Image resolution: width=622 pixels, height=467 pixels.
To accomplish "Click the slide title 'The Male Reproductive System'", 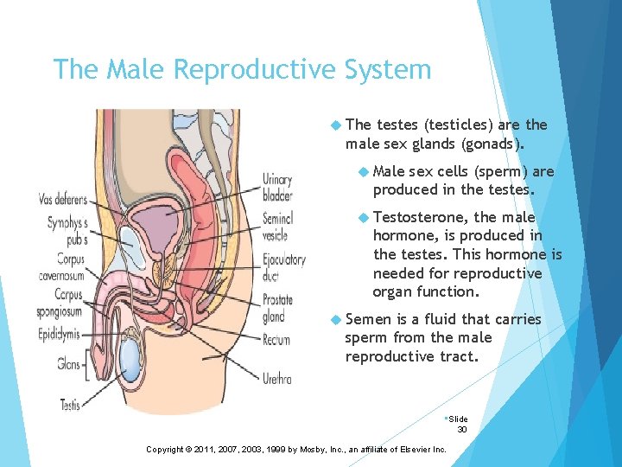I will pyautogui.click(x=242, y=69).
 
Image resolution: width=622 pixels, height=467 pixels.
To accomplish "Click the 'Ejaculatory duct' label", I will pyautogui.click(x=283, y=266).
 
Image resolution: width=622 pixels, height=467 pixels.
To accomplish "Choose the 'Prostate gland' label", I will pyautogui.click(x=278, y=308).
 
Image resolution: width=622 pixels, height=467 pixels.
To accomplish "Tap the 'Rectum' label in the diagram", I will pyautogui.click(x=276, y=340).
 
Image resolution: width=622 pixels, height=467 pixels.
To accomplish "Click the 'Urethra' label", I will pyautogui.click(x=277, y=379).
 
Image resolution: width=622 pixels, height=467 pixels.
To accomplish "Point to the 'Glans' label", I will pyautogui.click(x=70, y=364).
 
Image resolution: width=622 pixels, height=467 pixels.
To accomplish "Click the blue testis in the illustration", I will pyautogui.click(x=130, y=355).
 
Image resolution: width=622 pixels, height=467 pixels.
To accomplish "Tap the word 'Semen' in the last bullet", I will pyautogui.click(x=367, y=319).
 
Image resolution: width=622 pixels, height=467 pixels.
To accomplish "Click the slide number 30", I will pyautogui.click(x=461, y=429).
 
